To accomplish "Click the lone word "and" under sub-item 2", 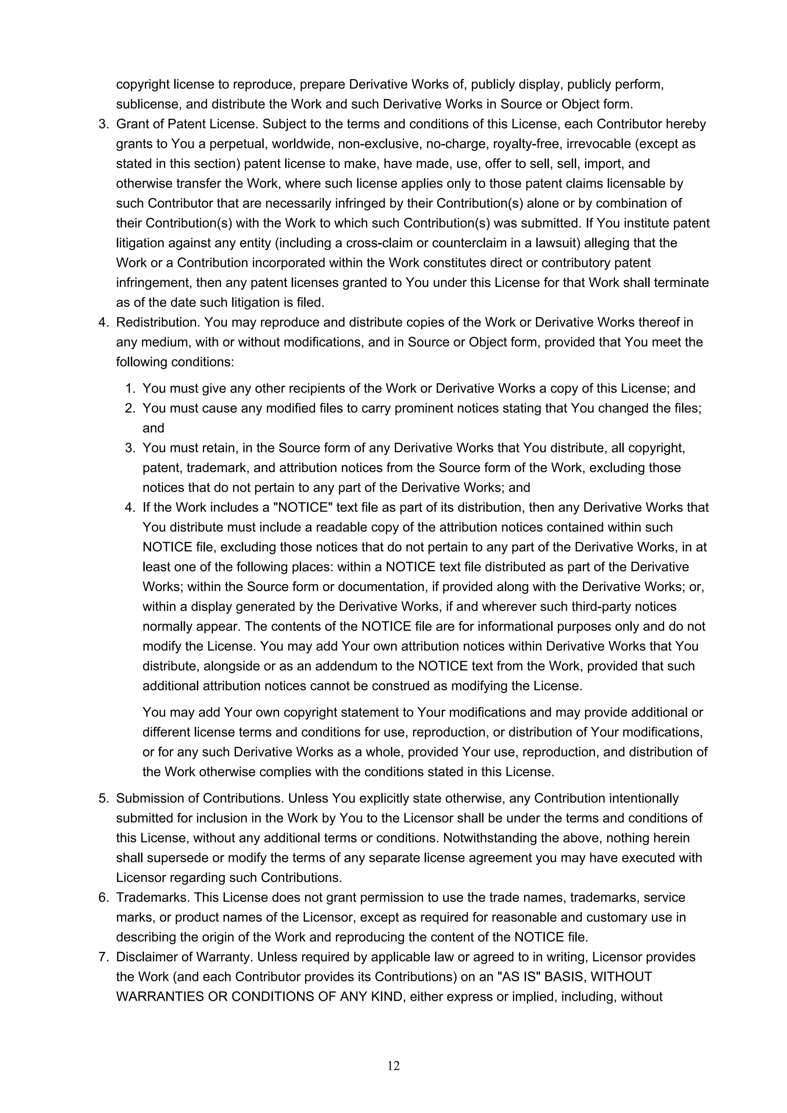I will (153, 428).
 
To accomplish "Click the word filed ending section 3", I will (310, 302).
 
